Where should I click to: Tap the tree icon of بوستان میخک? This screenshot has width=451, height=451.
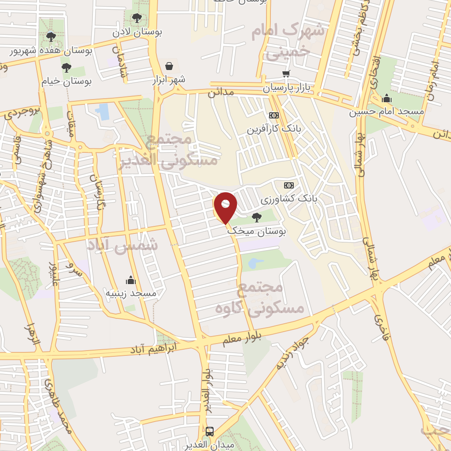[x=256, y=217]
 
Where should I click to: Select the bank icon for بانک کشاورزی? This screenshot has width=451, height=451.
[x=289, y=185]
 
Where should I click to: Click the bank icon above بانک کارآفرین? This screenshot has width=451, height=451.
[x=274, y=115]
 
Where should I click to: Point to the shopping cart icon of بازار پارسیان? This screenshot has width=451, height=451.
[x=287, y=74]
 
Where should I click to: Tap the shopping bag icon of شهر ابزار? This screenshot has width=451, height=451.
[x=169, y=66]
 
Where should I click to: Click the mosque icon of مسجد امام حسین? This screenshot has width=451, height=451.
[x=387, y=98]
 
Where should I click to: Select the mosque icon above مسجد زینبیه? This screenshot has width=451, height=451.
[x=130, y=280]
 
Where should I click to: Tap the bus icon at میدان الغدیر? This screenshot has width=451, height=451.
[x=210, y=431]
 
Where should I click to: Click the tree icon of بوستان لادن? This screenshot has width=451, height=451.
[x=137, y=18]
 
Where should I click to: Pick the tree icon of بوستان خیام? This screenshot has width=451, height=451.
[x=67, y=67]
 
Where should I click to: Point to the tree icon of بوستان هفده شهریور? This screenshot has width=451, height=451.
[x=51, y=37]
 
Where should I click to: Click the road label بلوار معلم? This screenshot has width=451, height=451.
[x=242, y=339]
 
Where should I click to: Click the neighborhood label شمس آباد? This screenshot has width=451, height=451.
[x=122, y=245]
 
